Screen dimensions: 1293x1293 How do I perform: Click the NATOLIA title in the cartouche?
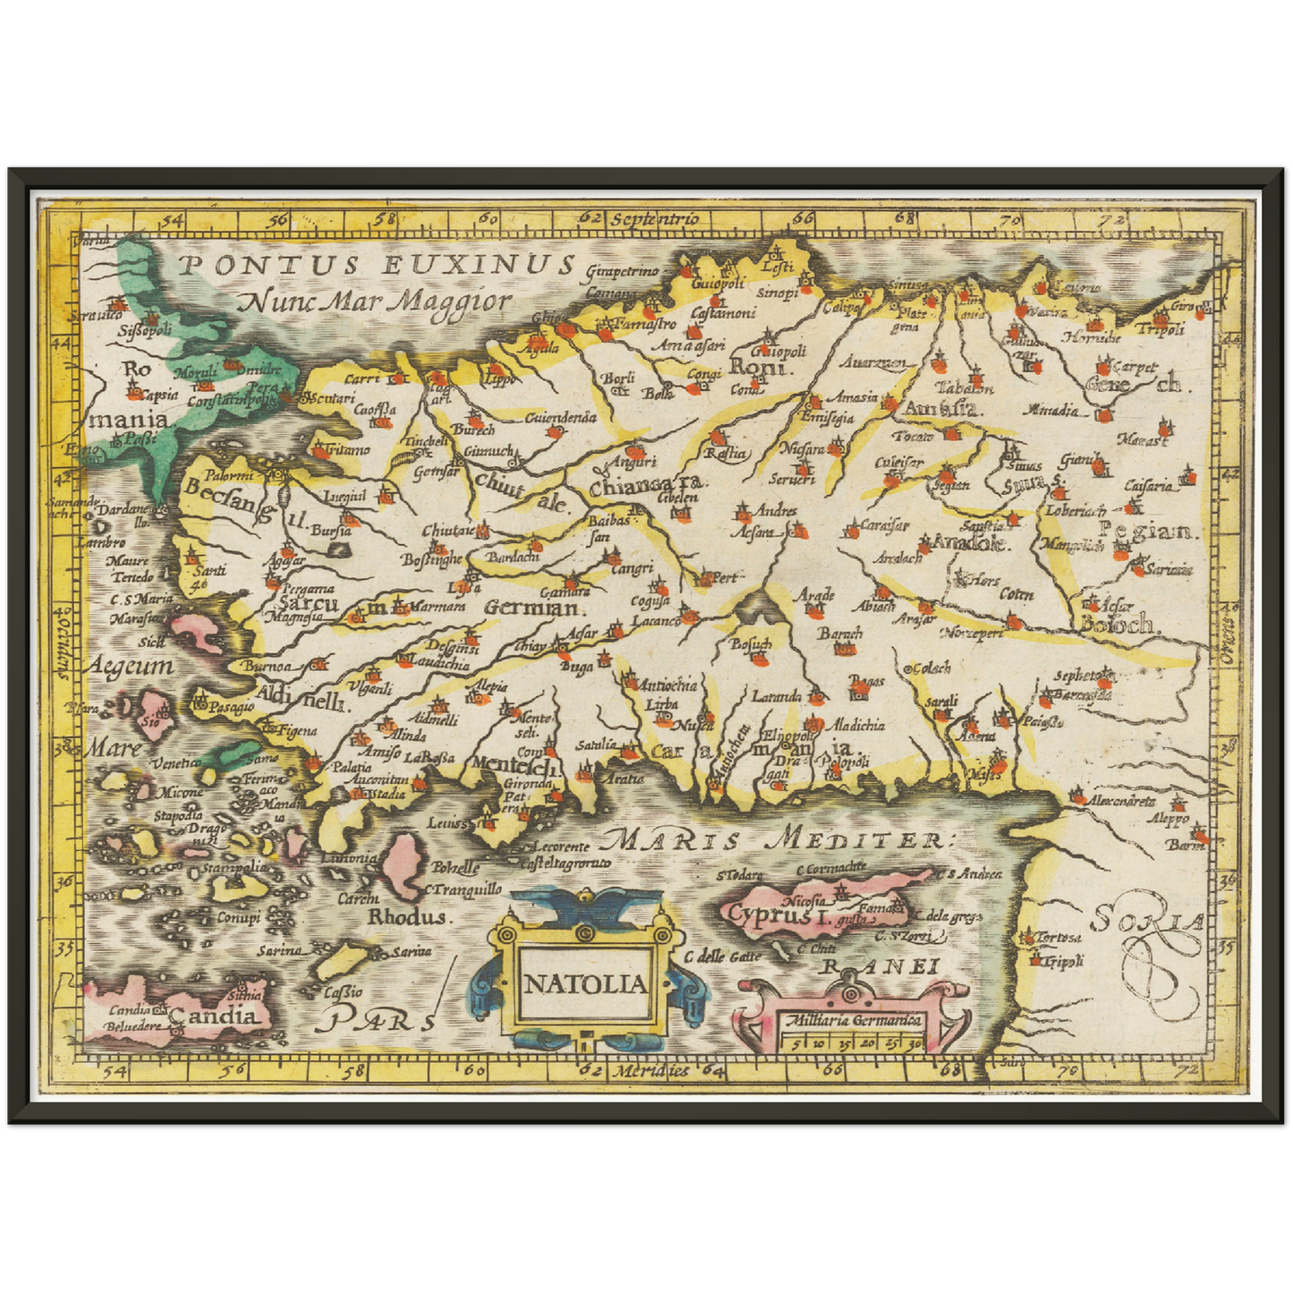[x=584, y=984]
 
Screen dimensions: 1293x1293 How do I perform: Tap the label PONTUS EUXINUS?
[x=376, y=264]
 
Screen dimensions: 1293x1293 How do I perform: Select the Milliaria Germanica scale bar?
[x=851, y=1031]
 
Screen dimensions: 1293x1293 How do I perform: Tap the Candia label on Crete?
[x=214, y=1016]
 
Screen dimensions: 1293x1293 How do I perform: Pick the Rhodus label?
[x=407, y=917]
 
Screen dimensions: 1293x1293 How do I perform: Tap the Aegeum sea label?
[x=131, y=667]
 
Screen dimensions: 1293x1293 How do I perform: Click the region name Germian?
[x=533, y=608]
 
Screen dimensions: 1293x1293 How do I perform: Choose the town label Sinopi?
[x=777, y=293]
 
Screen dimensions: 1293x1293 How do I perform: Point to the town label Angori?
[x=632, y=463]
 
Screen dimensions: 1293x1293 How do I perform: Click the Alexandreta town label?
[x=1122, y=801]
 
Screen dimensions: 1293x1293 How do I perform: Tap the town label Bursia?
[x=330, y=531]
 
